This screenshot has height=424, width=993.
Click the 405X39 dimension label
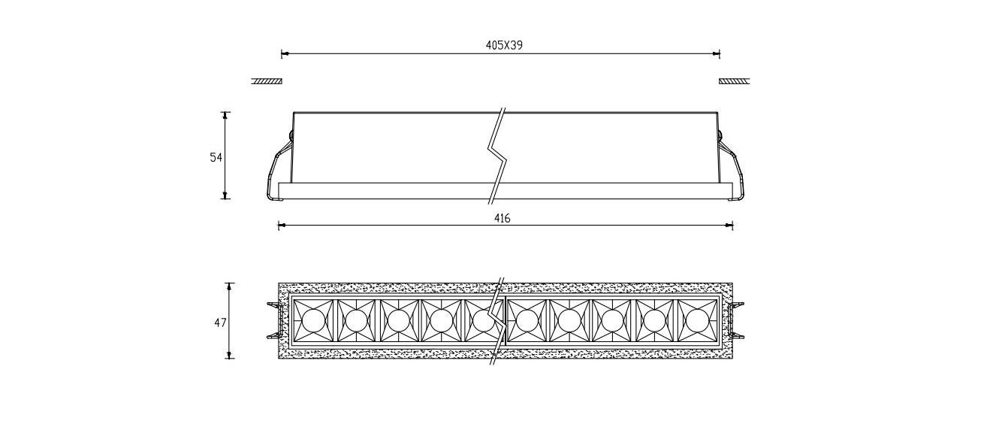click(x=504, y=45)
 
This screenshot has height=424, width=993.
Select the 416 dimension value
click(x=503, y=218)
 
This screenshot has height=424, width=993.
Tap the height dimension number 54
click(x=216, y=157)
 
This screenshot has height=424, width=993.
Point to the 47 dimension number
click(x=219, y=323)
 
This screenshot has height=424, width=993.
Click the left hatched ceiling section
click(x=266, y=81)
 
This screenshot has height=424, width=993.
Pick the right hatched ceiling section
click(x=734, y=81)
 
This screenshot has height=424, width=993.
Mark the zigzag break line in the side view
click(x=496, y=156)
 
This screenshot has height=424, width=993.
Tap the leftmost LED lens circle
click(x=313, y=321)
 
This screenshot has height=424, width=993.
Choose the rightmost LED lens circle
click(x=696, y=321)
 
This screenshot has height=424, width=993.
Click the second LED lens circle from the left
click(x=356, y=321)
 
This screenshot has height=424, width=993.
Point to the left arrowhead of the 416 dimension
click(x=282, y=225)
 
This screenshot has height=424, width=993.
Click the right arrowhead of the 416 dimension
click(x=729, y=225)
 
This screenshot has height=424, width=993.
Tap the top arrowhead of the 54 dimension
click(x=225, y=115)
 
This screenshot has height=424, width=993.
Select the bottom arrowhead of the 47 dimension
click(x=230, y=355)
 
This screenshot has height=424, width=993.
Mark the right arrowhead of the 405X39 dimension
click(x=717, y=54)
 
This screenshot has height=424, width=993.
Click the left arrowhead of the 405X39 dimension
click(x=285, y=54)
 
